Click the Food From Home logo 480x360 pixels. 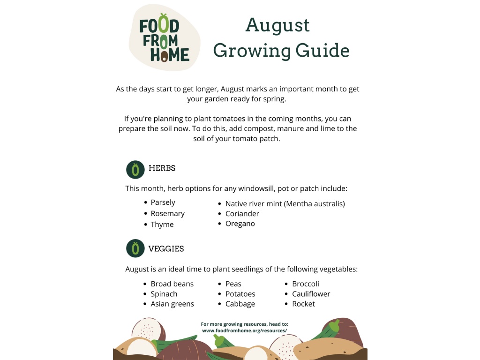pos(165,37)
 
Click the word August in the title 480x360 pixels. pos(277,25)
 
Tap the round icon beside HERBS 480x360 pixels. pos(135,170)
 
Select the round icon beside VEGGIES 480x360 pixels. pos(135,248)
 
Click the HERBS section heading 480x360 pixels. pos(162,168)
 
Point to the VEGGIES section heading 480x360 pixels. pos(166,248)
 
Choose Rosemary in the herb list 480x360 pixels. pos(167,214)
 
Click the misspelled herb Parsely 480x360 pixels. pos(163,202)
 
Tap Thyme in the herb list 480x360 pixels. pos(162,225)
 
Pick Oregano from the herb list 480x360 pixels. pos(240,224)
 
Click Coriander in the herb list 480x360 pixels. pos(242,214)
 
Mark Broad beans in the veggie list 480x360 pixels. pos(172,284)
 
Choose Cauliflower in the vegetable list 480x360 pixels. pos(311,294)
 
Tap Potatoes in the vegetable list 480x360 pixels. pos(240,294)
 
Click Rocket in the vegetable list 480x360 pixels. pos(303,304)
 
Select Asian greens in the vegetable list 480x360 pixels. pos(172,304)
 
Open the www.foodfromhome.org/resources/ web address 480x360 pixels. pos(244,330)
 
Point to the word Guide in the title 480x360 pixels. pos(322,51)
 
